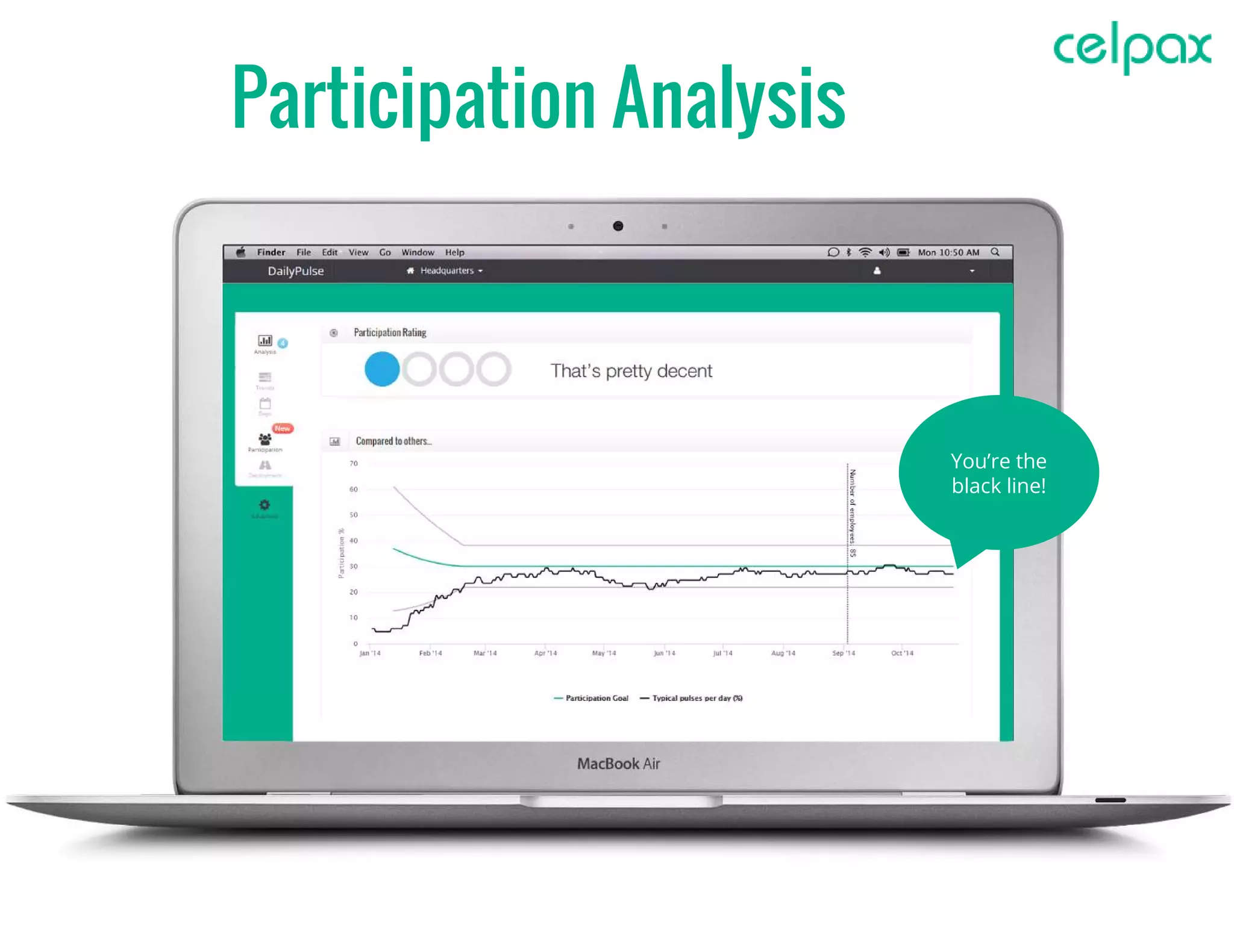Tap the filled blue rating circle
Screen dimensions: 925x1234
click(x=382, y=369)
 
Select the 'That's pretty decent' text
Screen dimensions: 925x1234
click(x=631, y=371)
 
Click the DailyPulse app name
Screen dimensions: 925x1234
click(x=295, y=271)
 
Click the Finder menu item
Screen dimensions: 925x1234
click(x=271, y=252)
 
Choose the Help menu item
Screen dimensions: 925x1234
click(x=454, y=252)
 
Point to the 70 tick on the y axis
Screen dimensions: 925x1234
click(x=354, y=463)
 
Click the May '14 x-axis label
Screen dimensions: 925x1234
click(x=604, y=653)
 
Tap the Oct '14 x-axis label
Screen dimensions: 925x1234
click(x=902, y=653)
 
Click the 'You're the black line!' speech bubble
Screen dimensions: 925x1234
click(x=998, y=473)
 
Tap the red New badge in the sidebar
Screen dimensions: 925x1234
click(x=282, y=429)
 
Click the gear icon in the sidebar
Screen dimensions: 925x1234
click(x=265, y=505)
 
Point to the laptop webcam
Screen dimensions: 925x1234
click(x=618, y=226)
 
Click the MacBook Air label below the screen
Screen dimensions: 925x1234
click(x=618, y=764)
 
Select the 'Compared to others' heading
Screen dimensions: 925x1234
click(x=393, y=441)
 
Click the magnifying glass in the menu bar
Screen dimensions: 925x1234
click(x=995, y=252)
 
